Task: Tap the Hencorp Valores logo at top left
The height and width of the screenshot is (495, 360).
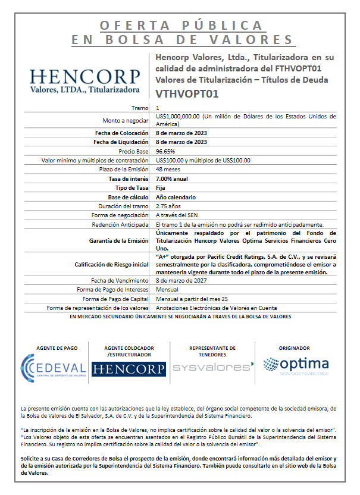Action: (84, 81)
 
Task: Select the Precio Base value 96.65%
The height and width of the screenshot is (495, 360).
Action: (165, 152)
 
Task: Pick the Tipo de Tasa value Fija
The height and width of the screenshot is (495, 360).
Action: (161, 187)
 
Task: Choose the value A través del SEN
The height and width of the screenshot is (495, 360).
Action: (179, 215)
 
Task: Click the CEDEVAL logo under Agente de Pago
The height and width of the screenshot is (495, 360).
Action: (53, 365)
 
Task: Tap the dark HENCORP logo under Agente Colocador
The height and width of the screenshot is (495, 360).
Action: (129, 369)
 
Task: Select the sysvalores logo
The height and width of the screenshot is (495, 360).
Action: (212, 366)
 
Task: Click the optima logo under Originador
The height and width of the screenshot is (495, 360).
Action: (296, 365)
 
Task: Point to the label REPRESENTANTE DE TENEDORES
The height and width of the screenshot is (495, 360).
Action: (212, 351)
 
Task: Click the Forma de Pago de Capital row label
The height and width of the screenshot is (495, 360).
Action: (115, 298)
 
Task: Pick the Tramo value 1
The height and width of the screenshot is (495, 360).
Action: (158, 108)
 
